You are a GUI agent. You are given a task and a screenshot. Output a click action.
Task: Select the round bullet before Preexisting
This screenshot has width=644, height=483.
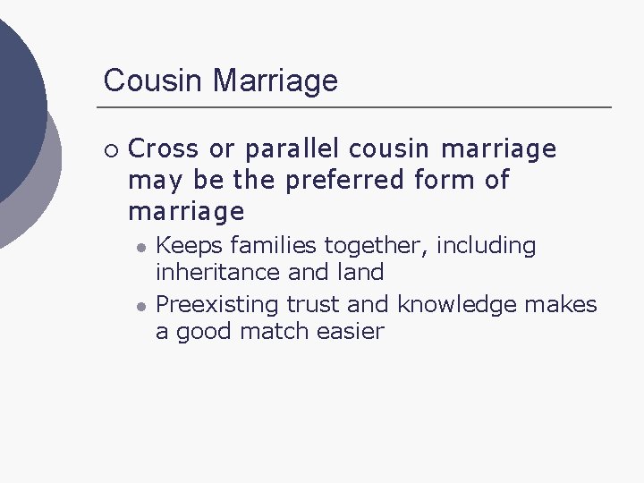[x=140, y=306]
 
